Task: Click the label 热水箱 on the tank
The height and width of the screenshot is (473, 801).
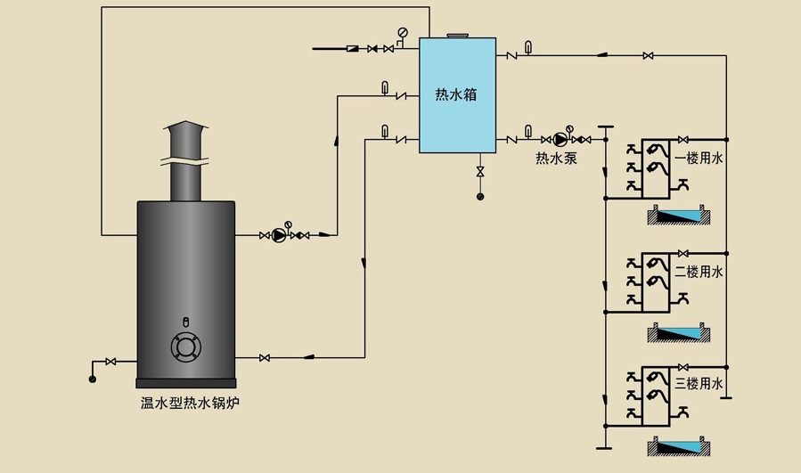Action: click(x=455, y=94)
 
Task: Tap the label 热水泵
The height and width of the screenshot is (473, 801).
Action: click(x=555, y=159)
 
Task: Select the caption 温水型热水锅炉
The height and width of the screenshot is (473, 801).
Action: click(x=191, y=404)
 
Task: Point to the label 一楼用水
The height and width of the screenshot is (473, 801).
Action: click(x=703, y=159)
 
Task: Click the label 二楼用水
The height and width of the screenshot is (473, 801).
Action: click(x=703, y=272)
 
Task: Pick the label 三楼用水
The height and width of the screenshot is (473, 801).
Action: click(x=703, y=384)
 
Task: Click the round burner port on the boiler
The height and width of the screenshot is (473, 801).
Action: click(x=185, y=347)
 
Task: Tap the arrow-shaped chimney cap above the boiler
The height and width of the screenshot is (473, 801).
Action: click(x=186, y=131)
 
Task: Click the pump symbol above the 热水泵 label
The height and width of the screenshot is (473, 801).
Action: click(x=560, y=138)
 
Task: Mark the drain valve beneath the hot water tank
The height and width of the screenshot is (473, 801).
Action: click(x=480, y=170)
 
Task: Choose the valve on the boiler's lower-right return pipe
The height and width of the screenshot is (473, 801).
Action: click(x=265, y=358)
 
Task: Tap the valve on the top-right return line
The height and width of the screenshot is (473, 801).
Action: click(x=648, y=56)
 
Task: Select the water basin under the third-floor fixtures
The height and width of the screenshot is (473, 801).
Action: click(x=680, y=447)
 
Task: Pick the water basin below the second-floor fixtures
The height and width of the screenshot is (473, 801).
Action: click(x=680, y=331)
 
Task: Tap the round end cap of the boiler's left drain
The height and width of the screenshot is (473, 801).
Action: click(x=92, y=379)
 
